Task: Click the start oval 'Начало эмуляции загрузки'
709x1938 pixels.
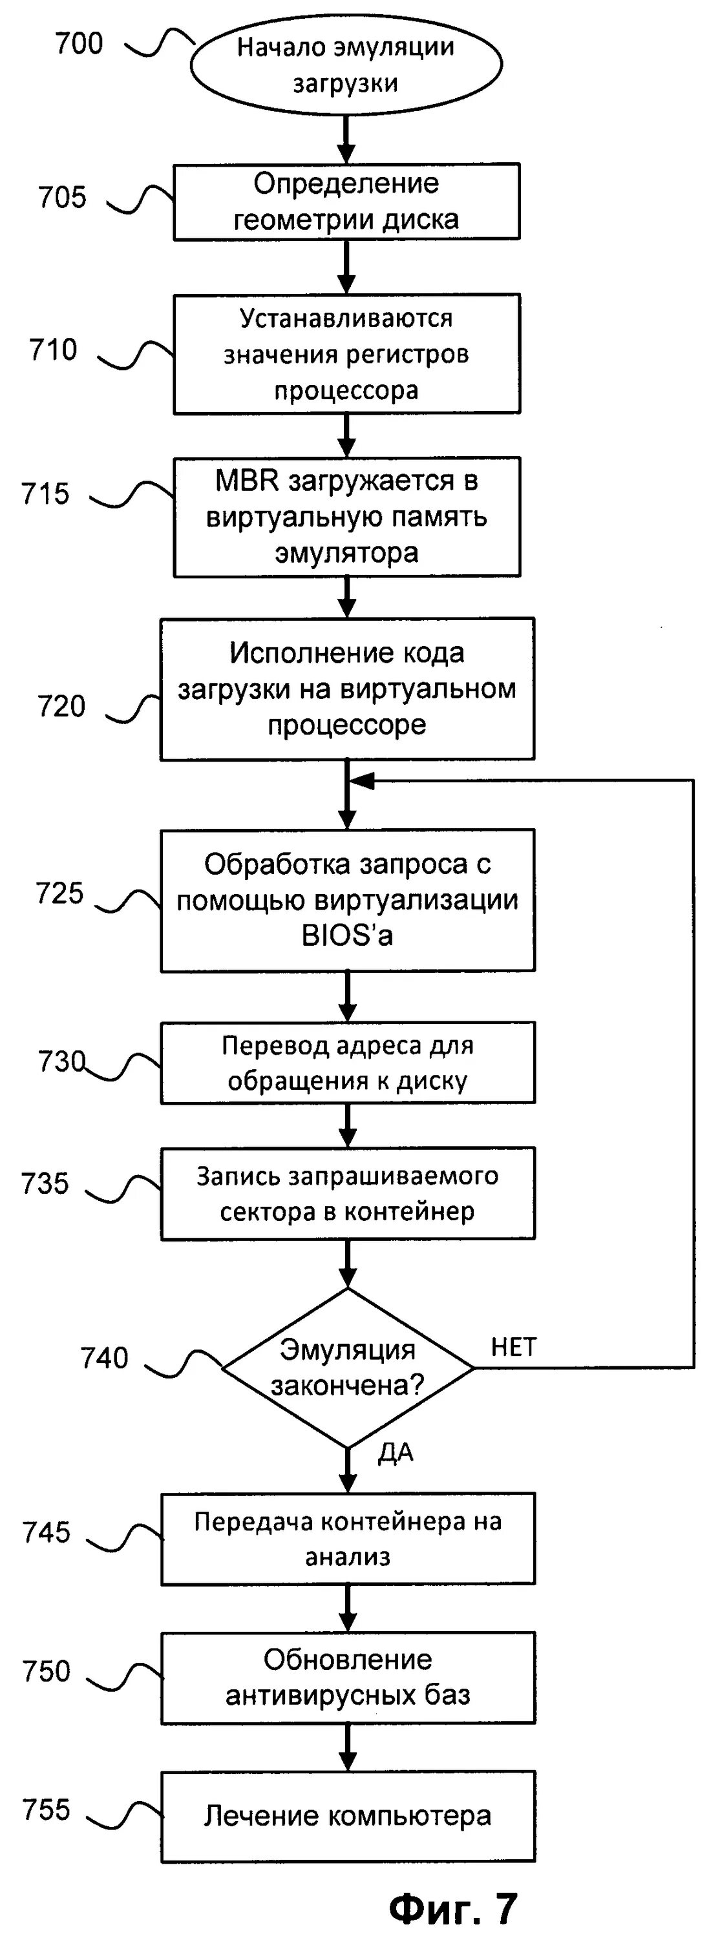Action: (x=346, y=65)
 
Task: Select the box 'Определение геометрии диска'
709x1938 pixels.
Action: (x=346, y=202)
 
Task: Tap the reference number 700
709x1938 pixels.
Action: (x=79, y=44)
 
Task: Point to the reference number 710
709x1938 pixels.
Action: (x=54, y=350)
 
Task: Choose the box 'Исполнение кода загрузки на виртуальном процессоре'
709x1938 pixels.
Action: (x=347, y=689)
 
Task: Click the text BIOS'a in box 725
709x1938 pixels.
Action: (x=347, y=935)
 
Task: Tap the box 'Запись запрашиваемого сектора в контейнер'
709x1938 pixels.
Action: (x=347, y=1193)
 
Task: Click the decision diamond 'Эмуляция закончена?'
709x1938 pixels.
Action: (x=347, y=1367)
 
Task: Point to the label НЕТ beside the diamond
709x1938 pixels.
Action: (x=513, y=1347)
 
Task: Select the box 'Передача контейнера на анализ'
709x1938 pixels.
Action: (x=347, y=1539)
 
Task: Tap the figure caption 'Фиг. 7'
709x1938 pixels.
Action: (x=453, y=1907)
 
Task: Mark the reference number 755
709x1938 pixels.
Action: (x=46, y=1809)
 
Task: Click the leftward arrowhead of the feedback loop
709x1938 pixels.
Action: (x=362, y=781)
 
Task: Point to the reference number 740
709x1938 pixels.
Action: (x=105, y=1358)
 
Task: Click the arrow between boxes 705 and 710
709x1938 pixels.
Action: (x=346, y=267)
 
